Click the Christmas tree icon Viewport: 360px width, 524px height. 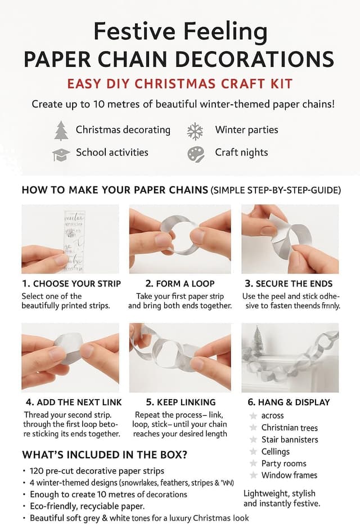coord(61,131)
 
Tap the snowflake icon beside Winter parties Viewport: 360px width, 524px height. coord(195,131)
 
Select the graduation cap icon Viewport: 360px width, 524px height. coord(61,154)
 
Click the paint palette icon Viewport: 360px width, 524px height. coord(195,154)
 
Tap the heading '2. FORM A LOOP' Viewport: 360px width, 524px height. coord(179,284)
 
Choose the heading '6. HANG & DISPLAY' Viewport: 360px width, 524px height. coord(289,402)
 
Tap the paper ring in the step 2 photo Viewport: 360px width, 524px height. coord(178,232)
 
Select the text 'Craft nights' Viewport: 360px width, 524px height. coord(241,153)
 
